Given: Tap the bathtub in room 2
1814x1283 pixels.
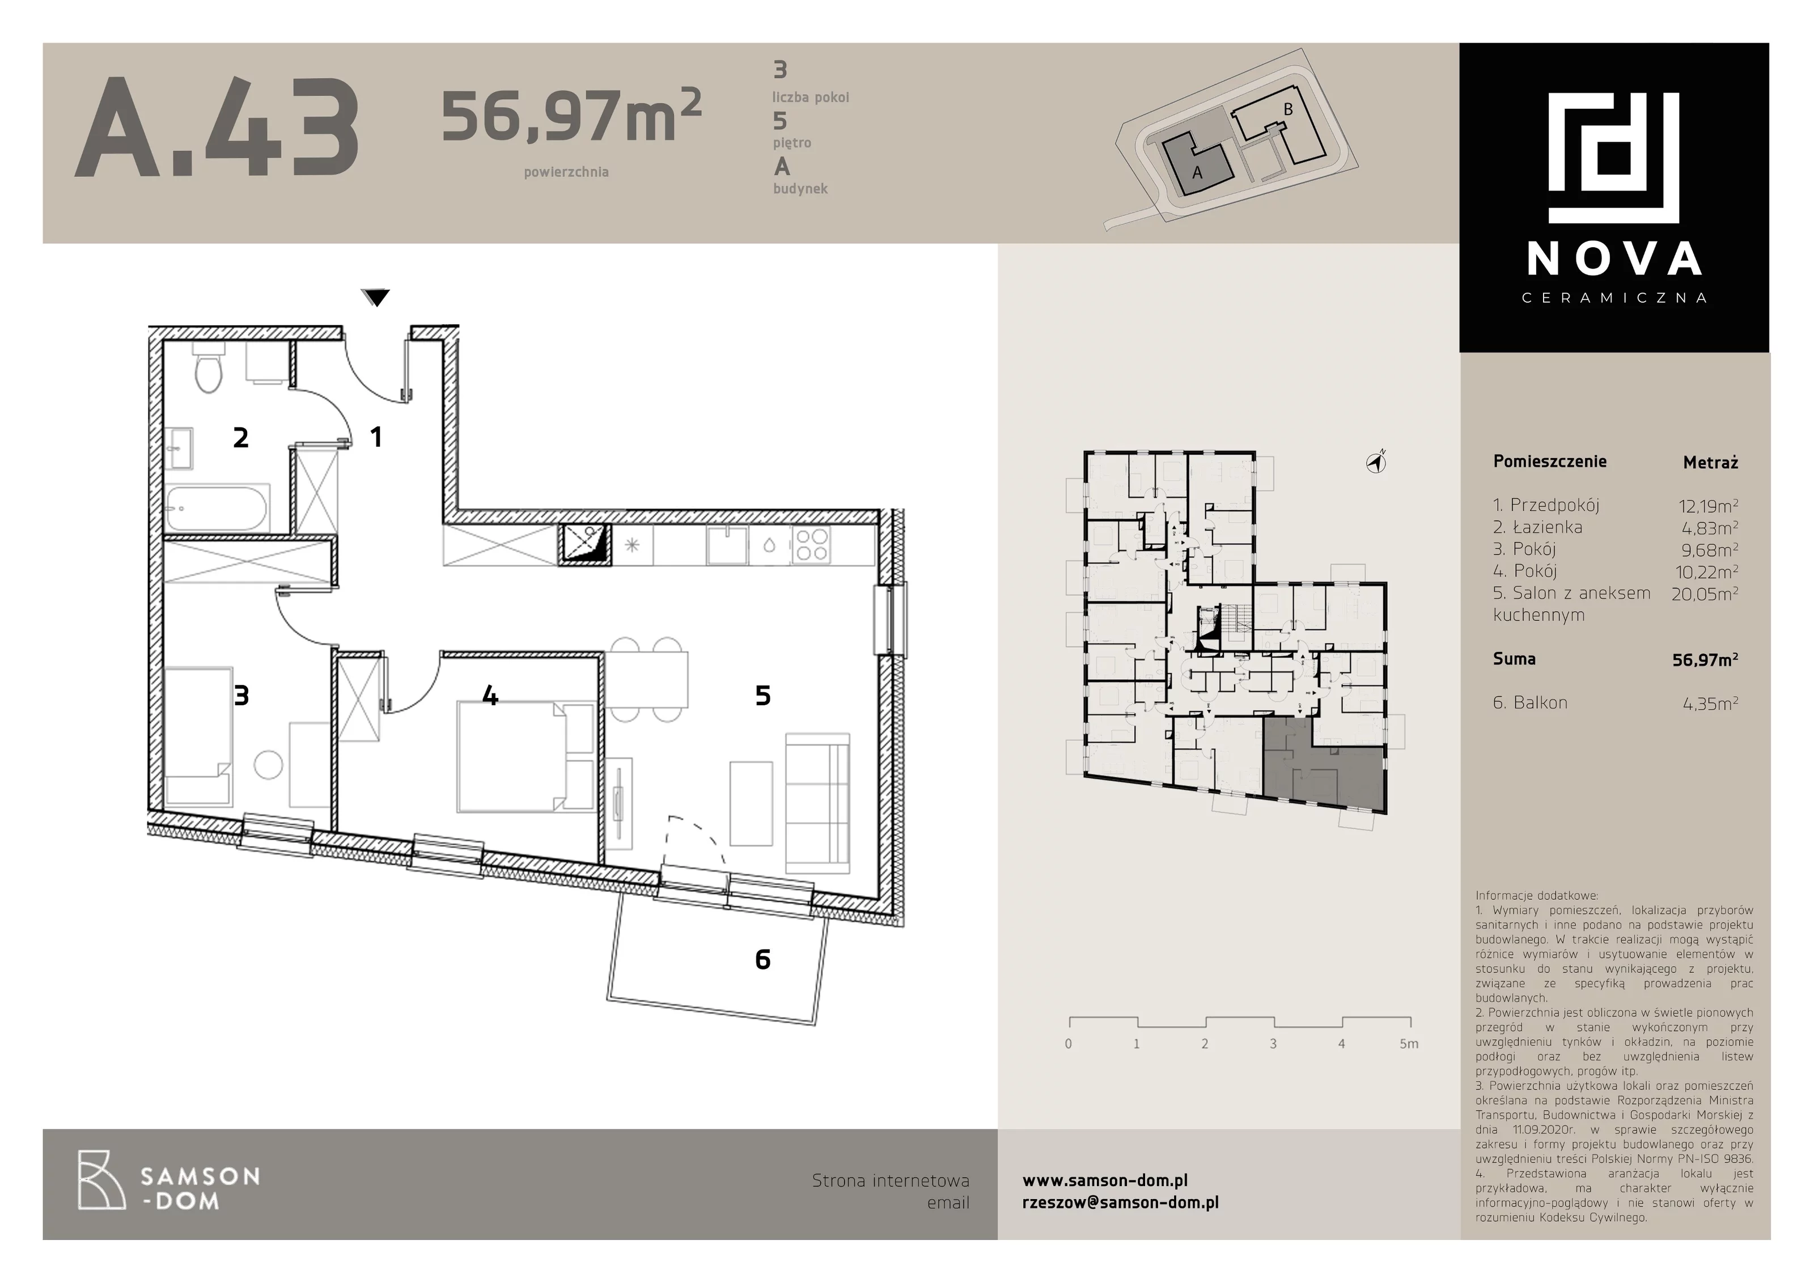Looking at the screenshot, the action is point(217,508).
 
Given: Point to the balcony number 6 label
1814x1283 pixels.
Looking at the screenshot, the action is point(762,959).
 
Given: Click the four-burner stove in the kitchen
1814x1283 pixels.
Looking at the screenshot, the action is point(811,545).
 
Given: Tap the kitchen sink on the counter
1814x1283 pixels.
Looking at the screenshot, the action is point(727,545).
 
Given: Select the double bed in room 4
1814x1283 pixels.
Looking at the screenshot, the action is point(525,757).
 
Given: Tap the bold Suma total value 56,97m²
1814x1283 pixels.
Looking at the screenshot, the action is point(1705,660).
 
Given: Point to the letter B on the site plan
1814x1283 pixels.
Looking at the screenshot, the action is point(1288,110).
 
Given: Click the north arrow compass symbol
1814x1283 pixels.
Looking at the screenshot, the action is point(1376,462).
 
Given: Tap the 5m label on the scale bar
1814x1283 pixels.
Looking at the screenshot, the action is point(1409,1044).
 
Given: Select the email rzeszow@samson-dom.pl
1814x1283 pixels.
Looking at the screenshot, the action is point(1120,1202).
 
